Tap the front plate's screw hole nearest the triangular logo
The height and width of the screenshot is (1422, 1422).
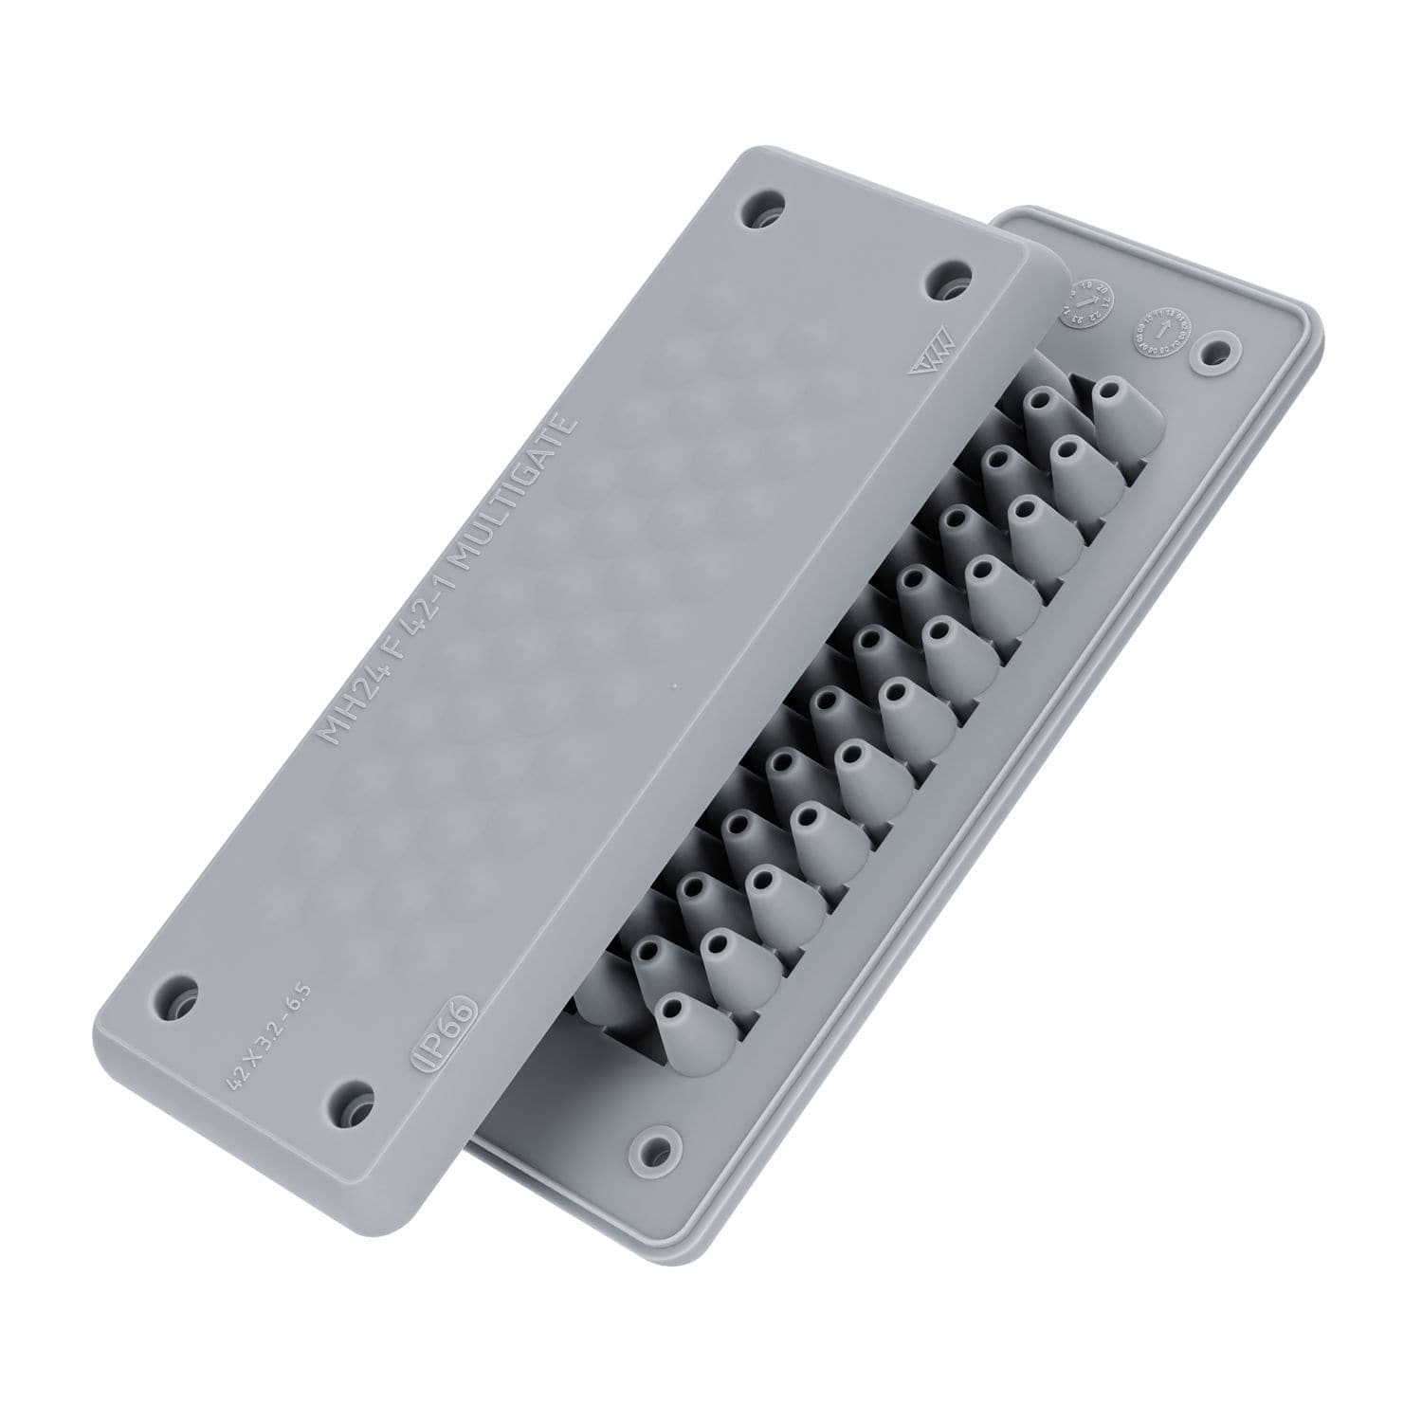[946, 282]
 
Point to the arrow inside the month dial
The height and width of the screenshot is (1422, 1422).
[1158, 333]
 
